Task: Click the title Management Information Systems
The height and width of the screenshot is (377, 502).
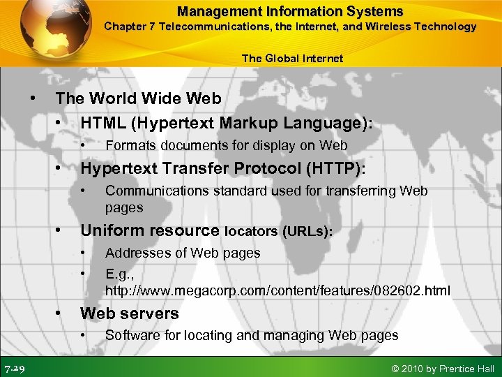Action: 289,11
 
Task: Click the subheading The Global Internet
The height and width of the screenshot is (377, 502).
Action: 293,58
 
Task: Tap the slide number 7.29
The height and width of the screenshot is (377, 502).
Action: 16,367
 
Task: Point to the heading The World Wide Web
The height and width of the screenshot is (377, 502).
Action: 138,98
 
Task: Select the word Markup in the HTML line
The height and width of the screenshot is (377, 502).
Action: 252,122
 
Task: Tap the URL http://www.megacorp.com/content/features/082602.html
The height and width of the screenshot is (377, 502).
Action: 277,289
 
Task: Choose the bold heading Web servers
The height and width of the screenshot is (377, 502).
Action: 130,313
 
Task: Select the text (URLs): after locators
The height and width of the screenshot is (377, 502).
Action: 307,231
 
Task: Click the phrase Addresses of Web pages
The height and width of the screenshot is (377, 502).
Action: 183,253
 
